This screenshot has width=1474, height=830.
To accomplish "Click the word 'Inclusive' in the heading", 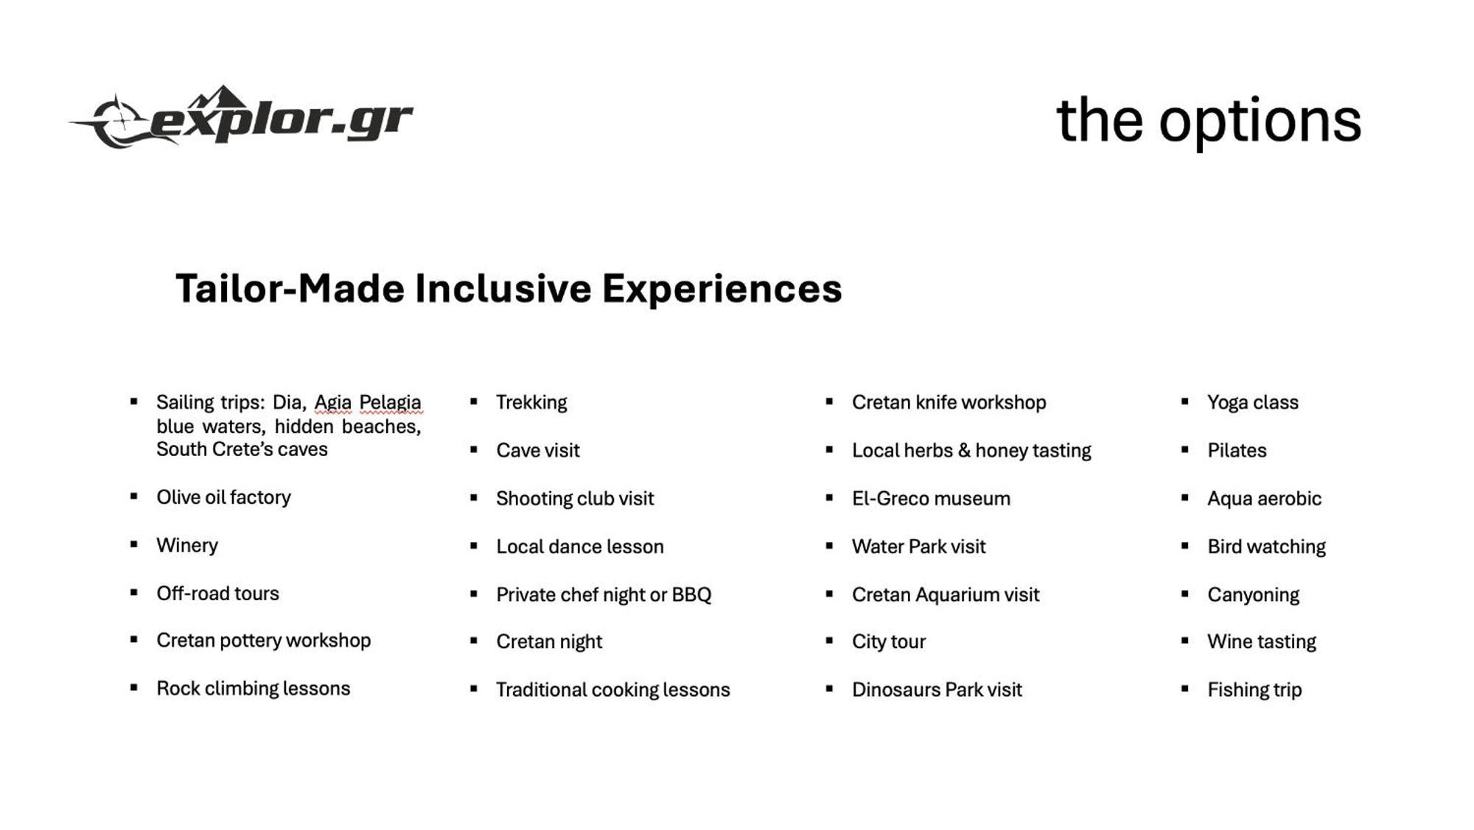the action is click(x=503, y=288).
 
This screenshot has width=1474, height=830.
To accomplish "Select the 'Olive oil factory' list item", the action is click(x=223, y=497).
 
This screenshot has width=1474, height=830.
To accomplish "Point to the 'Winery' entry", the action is click(x=187, y=545).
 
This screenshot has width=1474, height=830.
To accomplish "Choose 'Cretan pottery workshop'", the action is click(x=263, y=640).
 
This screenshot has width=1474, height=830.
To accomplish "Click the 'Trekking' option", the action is click(x=531, y=402).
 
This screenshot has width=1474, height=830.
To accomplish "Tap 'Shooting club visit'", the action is click(x=575, y=499).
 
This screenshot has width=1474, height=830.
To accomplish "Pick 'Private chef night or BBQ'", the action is click(x=604, y=594).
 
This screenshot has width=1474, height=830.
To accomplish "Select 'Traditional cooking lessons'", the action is click(x=613, y=689).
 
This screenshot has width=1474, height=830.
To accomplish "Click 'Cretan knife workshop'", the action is click(x=949, y=402).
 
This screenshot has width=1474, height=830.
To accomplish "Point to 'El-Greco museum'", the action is click(x=931, y=499).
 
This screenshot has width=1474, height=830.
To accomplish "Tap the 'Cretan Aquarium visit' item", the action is click(x=946, y=594).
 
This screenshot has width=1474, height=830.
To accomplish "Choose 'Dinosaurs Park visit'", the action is click(x=937, y=689).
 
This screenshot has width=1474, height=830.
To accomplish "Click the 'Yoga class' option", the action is click(x=1253, y=402).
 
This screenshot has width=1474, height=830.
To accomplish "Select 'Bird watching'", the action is click(x=1266, y=546).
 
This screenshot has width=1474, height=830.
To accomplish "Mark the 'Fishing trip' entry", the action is click(x=1254, y=689).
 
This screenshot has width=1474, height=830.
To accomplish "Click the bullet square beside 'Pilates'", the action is click(x=1184, y=449).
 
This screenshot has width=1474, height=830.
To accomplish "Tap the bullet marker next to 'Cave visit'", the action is click(x=473, y=449).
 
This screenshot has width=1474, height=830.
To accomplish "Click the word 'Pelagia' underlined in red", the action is click(x=390, y=403).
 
